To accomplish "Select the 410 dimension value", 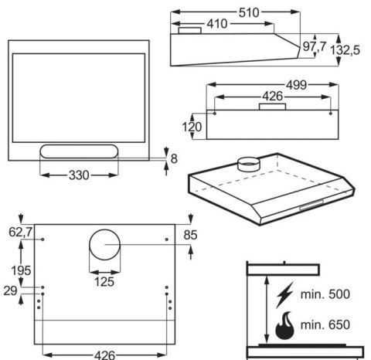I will coord(216,24).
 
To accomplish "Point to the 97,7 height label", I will coord(314,47).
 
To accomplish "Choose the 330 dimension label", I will coord(77,175).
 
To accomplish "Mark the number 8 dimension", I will coord(174,159).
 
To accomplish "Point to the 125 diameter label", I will coord(104,281).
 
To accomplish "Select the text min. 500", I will coord(325,294).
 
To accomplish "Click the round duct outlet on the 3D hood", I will coord(248,163).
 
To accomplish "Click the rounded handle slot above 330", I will coord(77,151).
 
